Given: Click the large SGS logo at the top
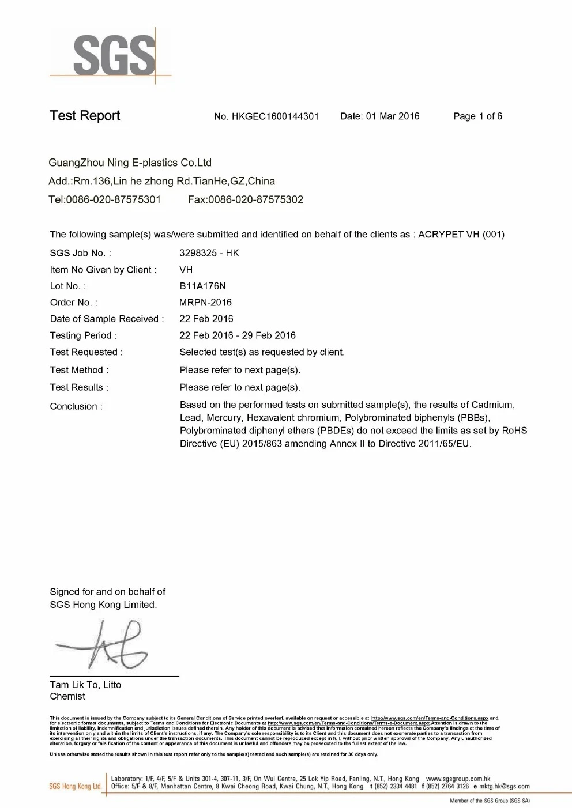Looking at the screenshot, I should pos(114,56).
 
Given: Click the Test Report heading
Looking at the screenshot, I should pos(85,116).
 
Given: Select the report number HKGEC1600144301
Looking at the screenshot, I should pos(275,116).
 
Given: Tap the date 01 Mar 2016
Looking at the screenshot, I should pos(392,116).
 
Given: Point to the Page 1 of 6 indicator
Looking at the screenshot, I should pos(477,116).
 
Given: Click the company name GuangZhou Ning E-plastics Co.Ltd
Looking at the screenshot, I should pos(130,163).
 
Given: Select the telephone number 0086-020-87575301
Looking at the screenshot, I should pos(114,200).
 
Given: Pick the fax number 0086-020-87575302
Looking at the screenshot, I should pos(255,200).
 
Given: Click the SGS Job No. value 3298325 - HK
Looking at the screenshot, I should pos(209,253).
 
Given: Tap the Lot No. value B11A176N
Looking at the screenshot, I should pos(202,286).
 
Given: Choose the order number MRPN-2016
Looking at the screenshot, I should pos(205,303).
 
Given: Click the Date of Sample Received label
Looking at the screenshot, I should pos(107,319).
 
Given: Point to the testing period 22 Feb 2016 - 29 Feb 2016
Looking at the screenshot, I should pos(237,335).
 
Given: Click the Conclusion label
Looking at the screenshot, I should pos(76,407).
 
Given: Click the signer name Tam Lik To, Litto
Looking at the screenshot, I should pos(85,685).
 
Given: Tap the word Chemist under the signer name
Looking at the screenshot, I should pos(67,696).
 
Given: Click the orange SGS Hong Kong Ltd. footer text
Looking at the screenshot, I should pos(75,786).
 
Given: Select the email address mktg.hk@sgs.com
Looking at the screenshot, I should pos(504,786).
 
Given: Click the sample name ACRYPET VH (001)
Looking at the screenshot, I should pos(461,235).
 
